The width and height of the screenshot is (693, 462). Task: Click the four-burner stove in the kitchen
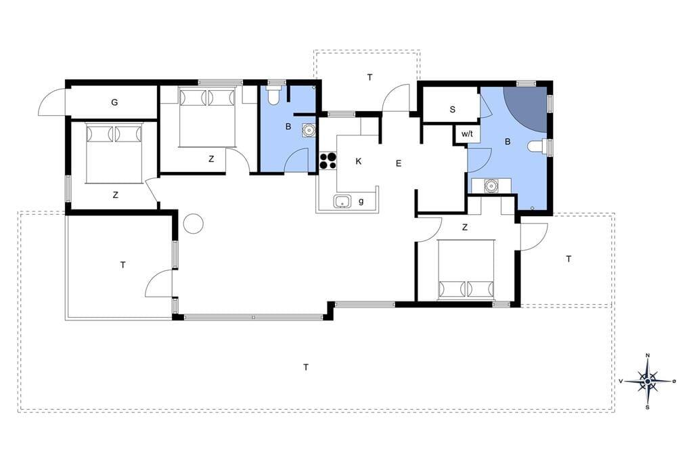328,161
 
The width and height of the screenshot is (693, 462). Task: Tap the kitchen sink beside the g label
342,201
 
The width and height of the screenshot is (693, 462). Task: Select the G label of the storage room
114,102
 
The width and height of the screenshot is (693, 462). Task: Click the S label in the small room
452,109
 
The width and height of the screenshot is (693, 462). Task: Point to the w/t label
467,133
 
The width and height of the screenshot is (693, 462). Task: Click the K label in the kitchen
359,161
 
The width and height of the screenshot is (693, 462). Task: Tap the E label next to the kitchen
398,164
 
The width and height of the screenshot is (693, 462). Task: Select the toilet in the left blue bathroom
274,95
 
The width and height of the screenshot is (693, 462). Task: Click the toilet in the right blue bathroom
537,146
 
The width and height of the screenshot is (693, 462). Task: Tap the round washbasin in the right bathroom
491,186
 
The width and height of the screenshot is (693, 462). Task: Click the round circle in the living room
193,224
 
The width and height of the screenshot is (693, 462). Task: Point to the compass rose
648,381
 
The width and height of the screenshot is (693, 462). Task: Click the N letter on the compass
648,356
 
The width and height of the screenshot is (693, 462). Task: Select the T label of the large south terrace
306,367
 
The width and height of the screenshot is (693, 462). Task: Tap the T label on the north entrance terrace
370,77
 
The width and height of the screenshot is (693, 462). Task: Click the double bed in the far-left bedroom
114,154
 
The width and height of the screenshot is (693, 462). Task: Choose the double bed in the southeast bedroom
466,270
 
